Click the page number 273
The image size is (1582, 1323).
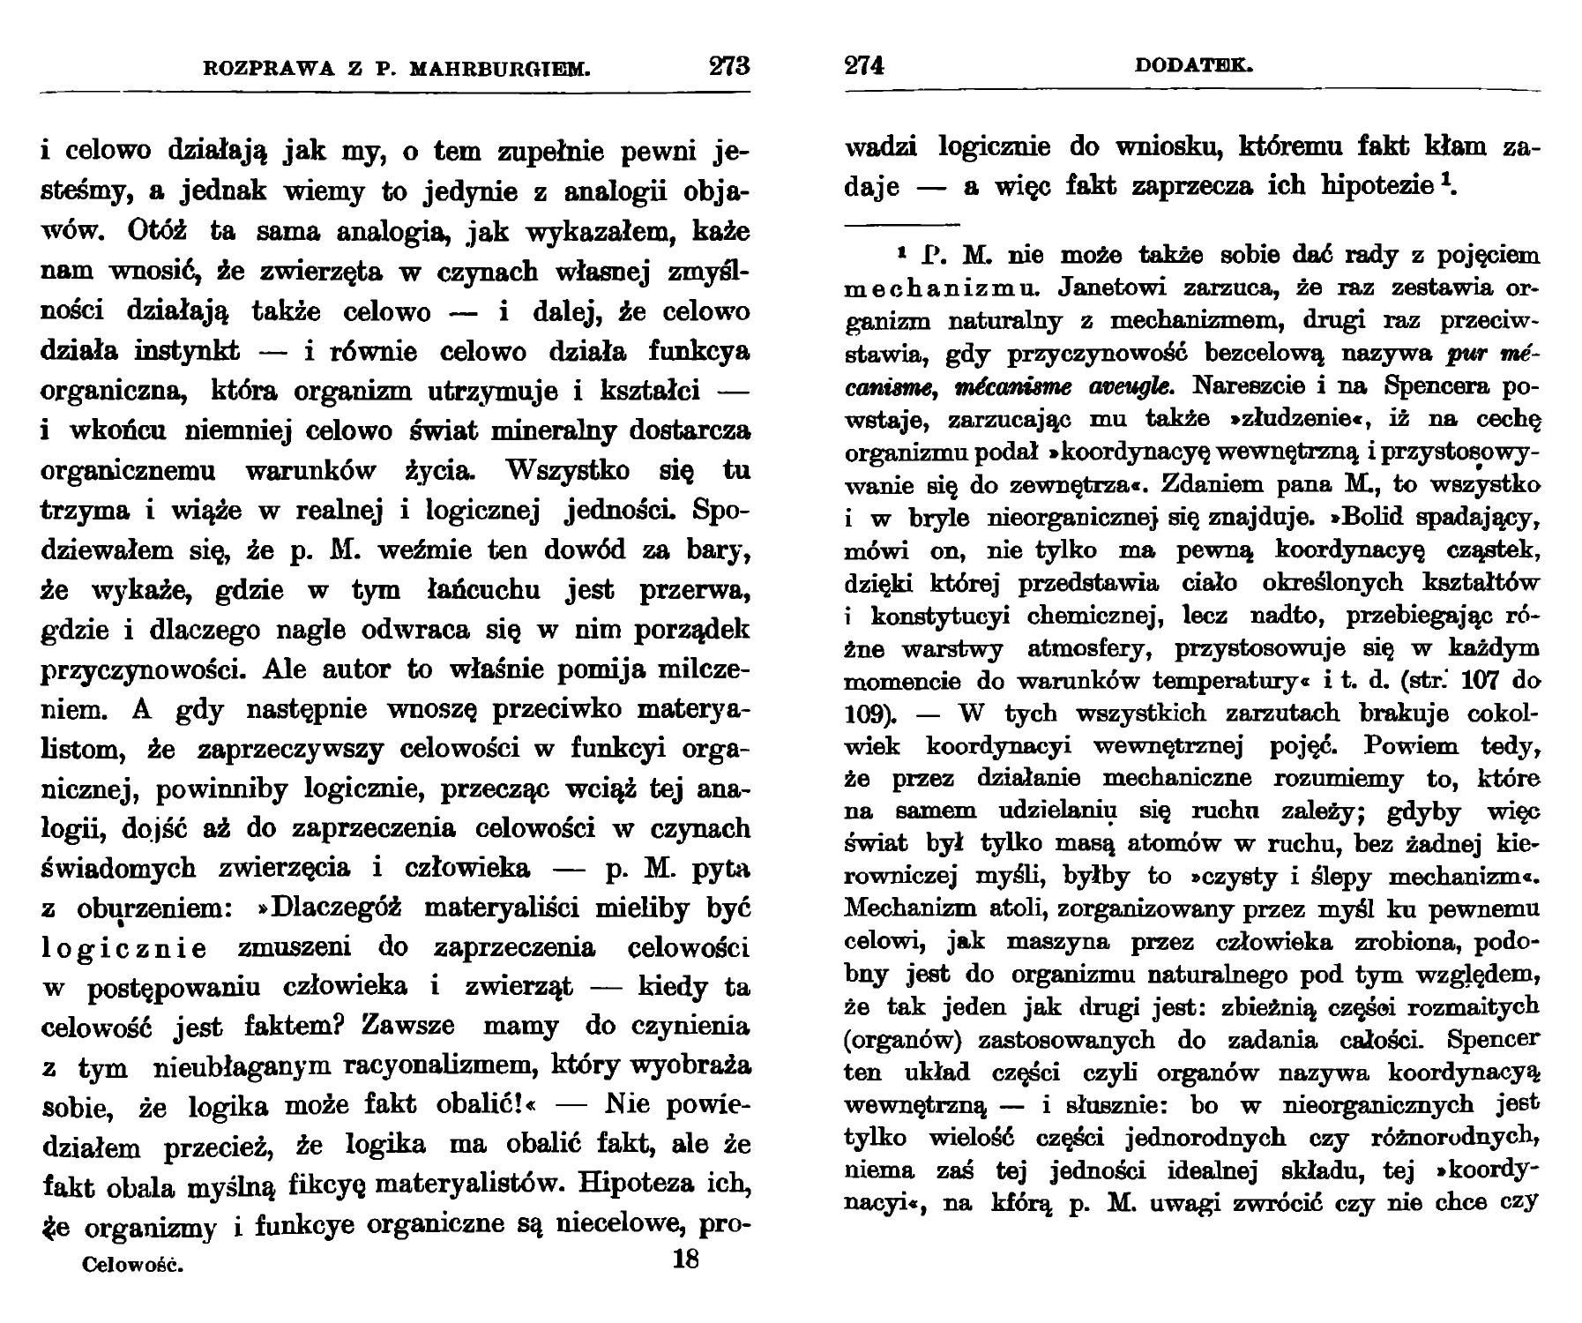(x=729, y=66)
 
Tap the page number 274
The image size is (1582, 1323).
(x=864, y=66)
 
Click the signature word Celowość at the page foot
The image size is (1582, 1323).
(x=132, y=1265)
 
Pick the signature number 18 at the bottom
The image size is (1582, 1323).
(x=685, y=1259)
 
